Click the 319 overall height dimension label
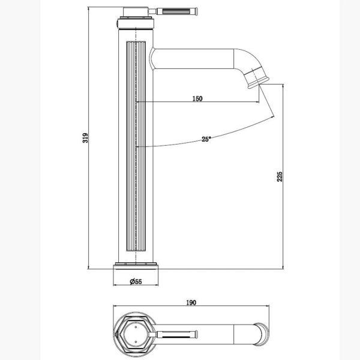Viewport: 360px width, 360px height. coord(85,138)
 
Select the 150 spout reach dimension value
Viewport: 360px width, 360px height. coord(197,99)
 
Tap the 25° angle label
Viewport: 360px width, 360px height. coord(206,139)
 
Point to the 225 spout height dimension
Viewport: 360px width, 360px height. coord(280,176)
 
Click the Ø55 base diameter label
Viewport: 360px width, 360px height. coord(136,281)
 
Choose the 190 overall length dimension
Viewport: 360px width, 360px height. coord(191,302)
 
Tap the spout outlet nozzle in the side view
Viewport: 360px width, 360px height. coord(257,78)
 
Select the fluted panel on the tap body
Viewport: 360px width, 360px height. coord(136,146)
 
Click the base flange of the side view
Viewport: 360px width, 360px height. coord(136,266)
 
